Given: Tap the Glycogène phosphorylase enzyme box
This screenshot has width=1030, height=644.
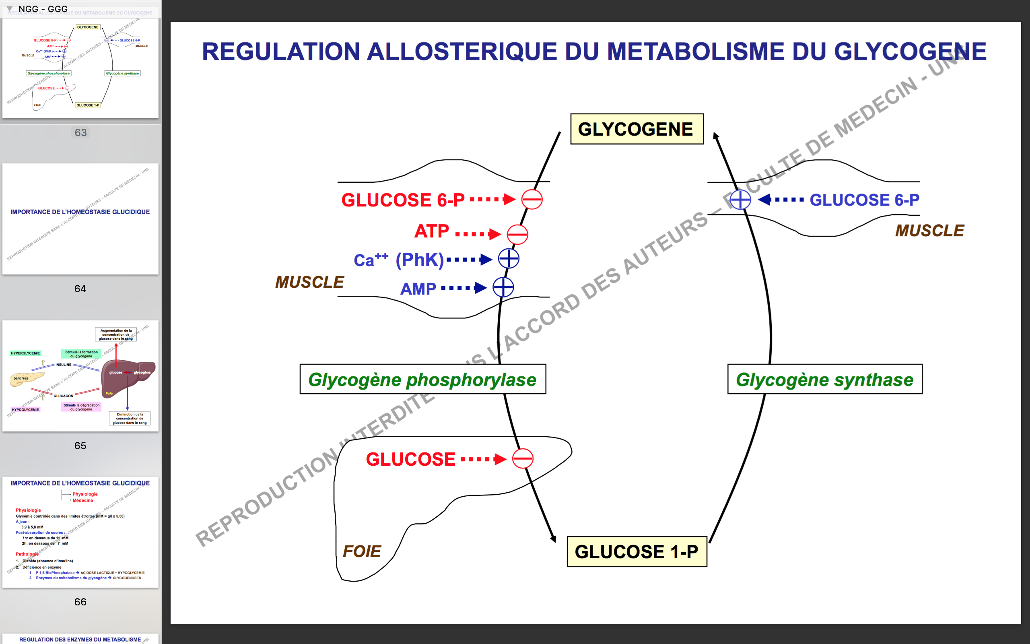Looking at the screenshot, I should click(422, 379).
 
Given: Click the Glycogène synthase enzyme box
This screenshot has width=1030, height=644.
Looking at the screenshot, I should click(824, 379).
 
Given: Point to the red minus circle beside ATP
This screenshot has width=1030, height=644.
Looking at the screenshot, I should click(517, 234).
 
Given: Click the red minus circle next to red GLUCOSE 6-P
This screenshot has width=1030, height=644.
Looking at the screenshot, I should click(531, 199).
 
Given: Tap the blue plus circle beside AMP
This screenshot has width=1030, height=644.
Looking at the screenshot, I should click(503, 287).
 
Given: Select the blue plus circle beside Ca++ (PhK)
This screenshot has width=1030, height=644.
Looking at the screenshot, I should click(509, 258).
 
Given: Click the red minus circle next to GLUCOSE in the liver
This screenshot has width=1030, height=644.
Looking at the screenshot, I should click(522, 459).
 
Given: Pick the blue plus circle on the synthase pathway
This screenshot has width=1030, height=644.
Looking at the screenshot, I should click(740, 199).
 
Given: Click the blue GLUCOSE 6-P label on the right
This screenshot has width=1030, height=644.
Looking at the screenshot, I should click(864, 200).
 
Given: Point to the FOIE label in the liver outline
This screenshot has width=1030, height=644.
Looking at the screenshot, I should click(362, 551).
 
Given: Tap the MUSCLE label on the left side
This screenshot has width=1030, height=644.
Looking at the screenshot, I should click(309, 282).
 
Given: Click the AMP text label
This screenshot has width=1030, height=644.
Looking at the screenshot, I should click(418, 289).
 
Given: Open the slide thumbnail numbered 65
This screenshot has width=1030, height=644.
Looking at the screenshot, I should click(80, 376).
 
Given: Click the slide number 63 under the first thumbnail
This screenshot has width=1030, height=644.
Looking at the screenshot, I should click(80, 132).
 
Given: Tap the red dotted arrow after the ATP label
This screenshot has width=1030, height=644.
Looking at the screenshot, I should click(477, 234).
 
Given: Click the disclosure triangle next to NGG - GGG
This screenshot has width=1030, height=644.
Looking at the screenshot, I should click(9, 8).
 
